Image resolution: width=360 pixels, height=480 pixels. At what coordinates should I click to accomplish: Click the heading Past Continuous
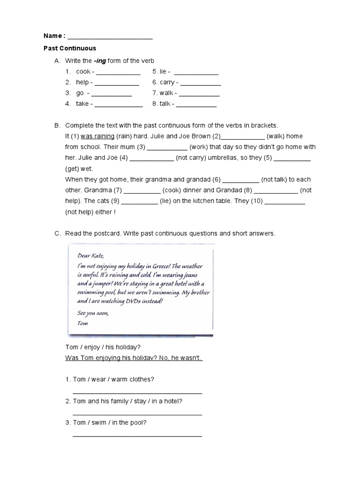(70, 48)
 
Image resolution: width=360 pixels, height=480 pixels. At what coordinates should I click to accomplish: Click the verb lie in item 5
(163, 72)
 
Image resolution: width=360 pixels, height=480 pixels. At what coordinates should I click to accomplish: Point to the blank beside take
(119, 105)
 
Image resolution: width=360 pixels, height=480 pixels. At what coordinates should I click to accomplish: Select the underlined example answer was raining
(97, 136)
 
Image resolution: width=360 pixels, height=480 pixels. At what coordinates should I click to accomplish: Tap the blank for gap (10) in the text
(285, 201)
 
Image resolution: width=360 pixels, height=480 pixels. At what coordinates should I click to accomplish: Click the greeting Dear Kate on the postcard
(89, 255)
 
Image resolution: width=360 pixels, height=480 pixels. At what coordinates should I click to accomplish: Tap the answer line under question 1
(137, 391)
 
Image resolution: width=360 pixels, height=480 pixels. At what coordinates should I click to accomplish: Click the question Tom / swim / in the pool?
(110, 423)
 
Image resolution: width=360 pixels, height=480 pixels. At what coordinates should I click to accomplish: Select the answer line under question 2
(137, 413)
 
